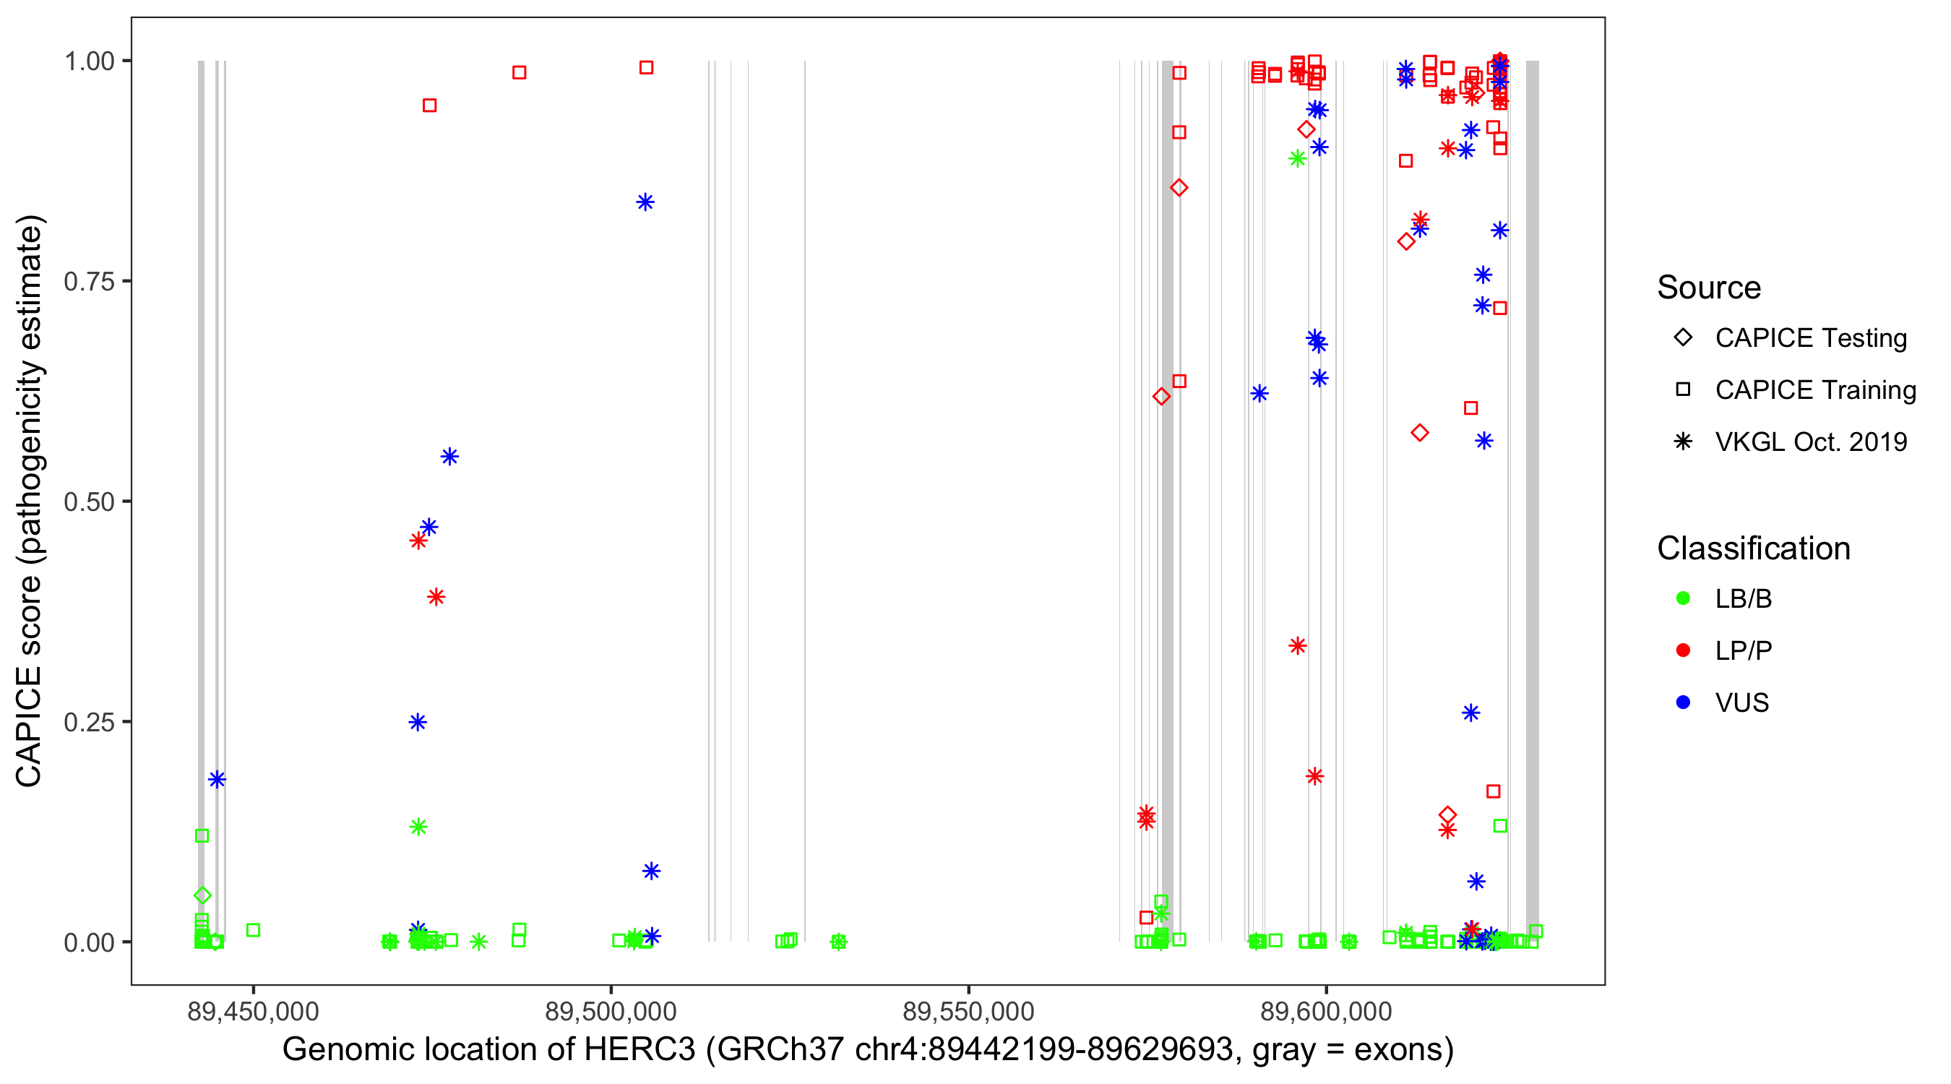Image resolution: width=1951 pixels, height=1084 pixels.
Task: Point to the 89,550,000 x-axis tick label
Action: tap(969, 1010)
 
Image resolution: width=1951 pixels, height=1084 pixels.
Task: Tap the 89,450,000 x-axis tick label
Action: tap(253, 1010)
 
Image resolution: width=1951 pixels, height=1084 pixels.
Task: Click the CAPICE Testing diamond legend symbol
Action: tap(1683, 338)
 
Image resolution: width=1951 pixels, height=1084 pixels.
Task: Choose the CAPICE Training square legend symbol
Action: tap(1683, 390)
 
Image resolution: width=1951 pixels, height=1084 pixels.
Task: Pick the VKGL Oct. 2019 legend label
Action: tap(1811, 442)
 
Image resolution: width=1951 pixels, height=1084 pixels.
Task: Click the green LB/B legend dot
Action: tap(1683, 598)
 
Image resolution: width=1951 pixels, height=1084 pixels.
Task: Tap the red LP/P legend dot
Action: tap(1683, 650)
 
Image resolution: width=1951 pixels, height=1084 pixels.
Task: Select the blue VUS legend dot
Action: tap(1683, 703)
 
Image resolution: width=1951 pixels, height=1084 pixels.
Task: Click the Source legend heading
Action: tap(1709, 288)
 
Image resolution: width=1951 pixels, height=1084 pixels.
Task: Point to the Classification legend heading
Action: tap(1753, 549)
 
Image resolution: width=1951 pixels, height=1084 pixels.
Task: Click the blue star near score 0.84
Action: tap(645, 202)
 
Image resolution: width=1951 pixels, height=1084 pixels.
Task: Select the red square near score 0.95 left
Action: tap(429, 106)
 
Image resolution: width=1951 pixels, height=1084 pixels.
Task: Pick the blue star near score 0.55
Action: tap(450, 457)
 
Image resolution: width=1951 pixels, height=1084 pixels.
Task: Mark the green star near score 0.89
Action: tap(1297, 159)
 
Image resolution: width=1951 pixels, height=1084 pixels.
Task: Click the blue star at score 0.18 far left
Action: tap(218, 780)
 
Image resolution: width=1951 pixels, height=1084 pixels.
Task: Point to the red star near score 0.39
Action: tap(436, 597)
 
